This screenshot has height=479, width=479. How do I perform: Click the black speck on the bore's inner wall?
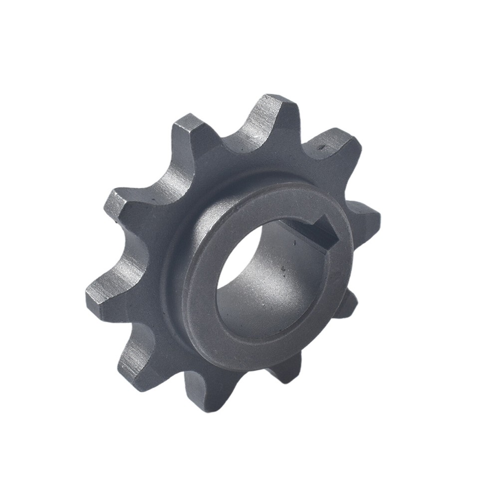[x=283, y=270]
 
